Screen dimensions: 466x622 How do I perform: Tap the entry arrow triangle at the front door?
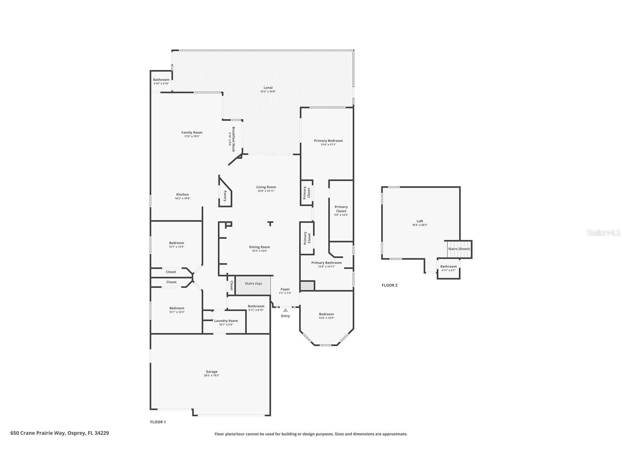(285, 310)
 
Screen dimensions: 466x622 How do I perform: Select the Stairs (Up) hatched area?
(253, 285)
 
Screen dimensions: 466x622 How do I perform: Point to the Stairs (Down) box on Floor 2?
(459, 249)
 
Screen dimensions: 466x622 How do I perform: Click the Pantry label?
(225, 196)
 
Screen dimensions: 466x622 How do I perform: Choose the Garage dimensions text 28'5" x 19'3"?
(211, 376)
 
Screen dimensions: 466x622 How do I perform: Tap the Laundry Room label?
(226, 321)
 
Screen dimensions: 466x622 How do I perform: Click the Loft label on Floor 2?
(420, 221)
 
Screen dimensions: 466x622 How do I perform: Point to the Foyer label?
(285, 289)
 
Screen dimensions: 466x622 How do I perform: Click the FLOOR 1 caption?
(158, 422)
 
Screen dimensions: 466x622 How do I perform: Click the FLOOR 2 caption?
(389, 285)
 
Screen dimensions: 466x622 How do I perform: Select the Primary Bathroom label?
(326, 263)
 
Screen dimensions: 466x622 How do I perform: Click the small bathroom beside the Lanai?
(161, 81)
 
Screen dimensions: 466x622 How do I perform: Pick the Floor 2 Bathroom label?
(448, 266)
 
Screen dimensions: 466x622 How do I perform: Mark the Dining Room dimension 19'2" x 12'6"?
(259, 251)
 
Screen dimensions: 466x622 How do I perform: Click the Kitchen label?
(182, 195)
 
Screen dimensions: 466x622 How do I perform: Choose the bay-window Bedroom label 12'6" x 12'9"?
(326, 314)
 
